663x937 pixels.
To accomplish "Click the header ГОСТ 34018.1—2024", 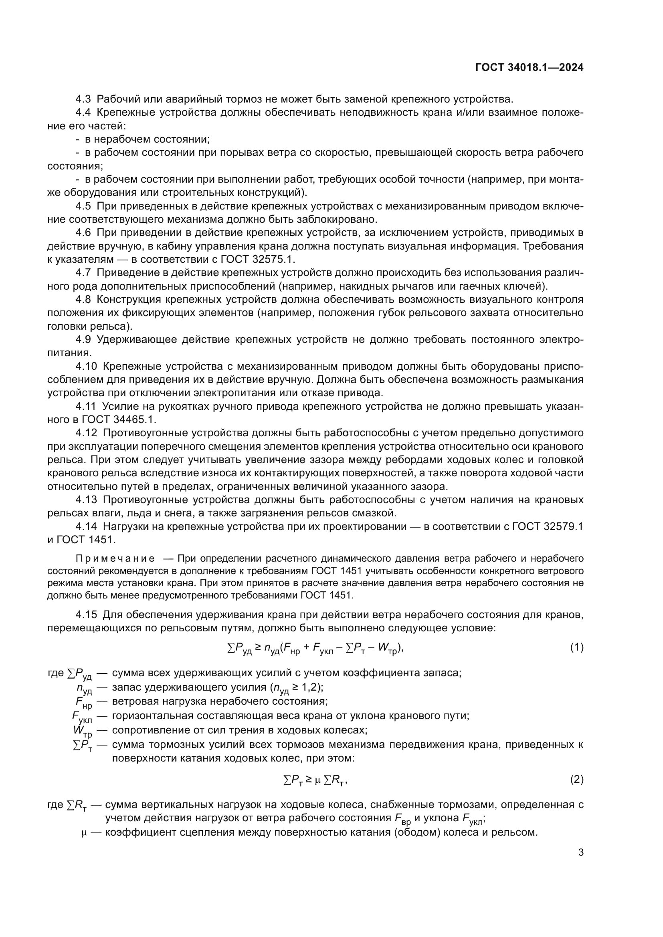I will (x=529, y=68).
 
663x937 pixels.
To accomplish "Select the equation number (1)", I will (x=576, y=648).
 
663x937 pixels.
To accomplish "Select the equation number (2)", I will (x=576, y=780).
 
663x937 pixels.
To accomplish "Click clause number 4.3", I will (x=84, y=99).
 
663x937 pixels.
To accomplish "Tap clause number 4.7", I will (x=84, y=273).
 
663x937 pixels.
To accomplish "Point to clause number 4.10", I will (x=87, y=367).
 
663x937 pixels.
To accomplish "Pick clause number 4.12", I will (x=87, y=433).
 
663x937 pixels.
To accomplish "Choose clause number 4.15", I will (x=87, y=615).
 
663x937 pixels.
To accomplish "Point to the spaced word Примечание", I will (x=115, y=559).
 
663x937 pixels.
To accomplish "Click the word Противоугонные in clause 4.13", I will (x=145, y=500).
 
